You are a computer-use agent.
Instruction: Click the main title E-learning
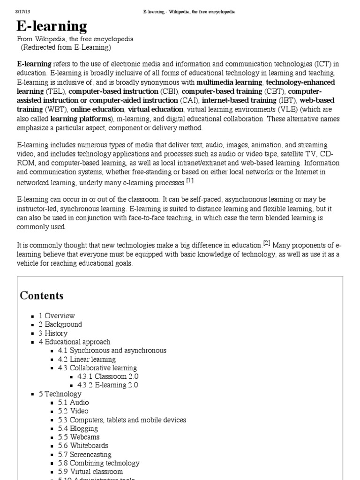(52, 26)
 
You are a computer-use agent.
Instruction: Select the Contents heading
(41, 295)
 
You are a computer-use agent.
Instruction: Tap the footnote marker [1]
(189, 180)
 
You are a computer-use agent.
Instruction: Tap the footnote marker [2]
(267, 243)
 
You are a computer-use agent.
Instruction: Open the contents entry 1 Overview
(57, 316)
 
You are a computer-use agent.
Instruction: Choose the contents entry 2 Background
(60, 324)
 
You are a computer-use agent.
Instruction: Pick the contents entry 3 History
(53, 333)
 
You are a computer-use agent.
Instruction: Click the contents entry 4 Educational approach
(75, 342)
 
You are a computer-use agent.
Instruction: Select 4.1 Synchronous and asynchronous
(112, 351)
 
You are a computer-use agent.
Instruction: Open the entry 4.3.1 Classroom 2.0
(108, 376)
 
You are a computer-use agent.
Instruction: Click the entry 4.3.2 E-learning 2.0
(108, 385)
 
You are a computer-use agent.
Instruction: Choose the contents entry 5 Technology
(60, 394)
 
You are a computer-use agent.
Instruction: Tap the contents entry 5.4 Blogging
(78, 428)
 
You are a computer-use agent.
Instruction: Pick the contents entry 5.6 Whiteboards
(83, 446)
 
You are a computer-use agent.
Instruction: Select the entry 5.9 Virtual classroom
(90, 472)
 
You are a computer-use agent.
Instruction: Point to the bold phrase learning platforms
(81, 119)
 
